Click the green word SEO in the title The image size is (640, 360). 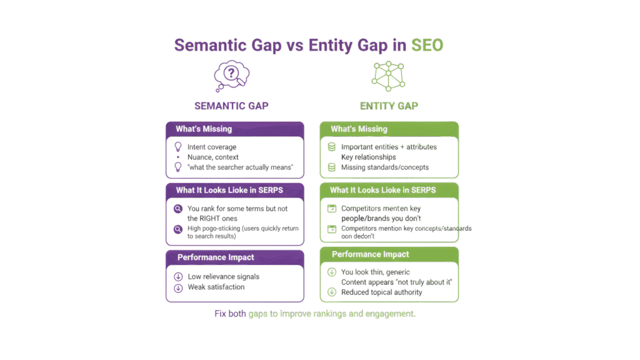427,45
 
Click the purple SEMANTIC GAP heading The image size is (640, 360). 231,106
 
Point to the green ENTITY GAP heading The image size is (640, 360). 389,106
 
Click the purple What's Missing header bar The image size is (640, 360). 234,129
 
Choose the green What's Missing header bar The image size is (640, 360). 389,129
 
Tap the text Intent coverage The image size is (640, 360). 212,147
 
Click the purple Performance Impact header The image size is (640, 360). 234,257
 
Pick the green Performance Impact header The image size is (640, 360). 389,254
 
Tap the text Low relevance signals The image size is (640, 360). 224,276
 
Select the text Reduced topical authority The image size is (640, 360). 381,292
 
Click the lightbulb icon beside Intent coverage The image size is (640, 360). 177,147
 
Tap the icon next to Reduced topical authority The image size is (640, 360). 332,292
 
